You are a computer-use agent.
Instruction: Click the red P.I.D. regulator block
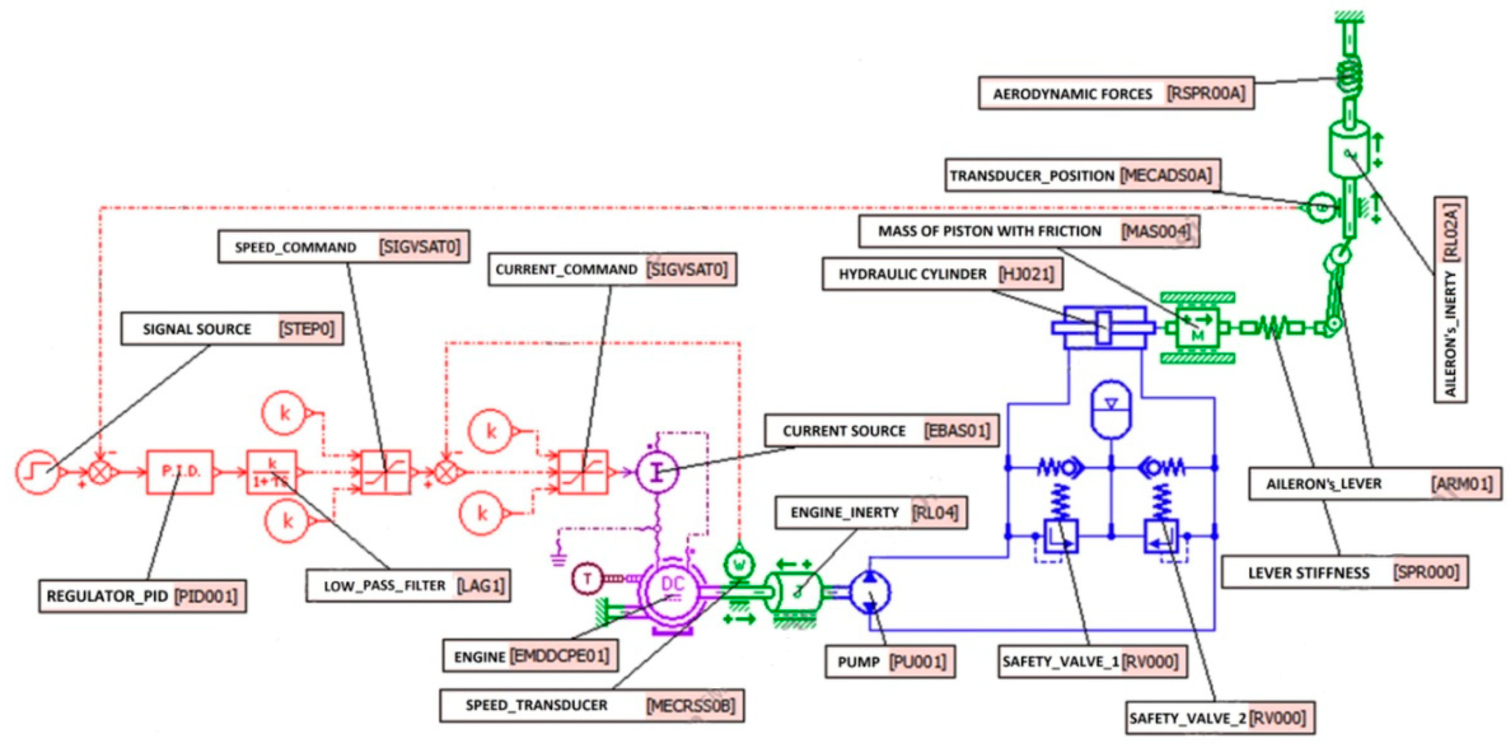pyautogui.click(x=180, y=472)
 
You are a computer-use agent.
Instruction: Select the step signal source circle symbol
pyautogui.click(x=37, y=472)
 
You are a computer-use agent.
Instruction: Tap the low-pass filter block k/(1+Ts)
pyautogui.click(x=271, y=472)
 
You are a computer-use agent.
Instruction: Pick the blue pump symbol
pyautogui.click(x=870, y=593)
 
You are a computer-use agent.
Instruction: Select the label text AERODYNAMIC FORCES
pyautogui.click(x=1073, y=94)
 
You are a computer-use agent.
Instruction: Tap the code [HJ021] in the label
pyautogui.click(x=1026, y=274)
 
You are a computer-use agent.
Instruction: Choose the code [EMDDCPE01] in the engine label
pyautogui.click(x=560, y=656)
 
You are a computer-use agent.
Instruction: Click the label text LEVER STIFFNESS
pyautogui.click(x=1309, y=573)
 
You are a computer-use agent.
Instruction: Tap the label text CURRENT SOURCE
pyautogui.click(x=844, y=431)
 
